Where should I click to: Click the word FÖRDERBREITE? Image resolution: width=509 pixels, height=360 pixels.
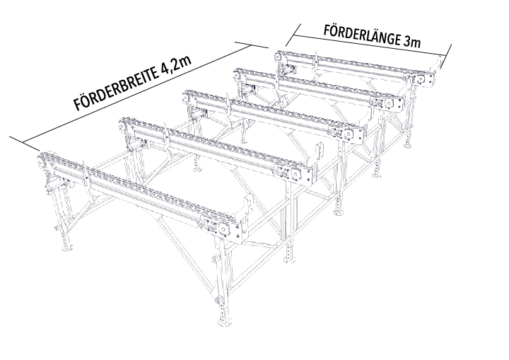(116, 88)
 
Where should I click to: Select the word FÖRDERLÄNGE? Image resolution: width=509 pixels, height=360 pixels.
(362, 35)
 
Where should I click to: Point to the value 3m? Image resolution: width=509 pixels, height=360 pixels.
(412, 42)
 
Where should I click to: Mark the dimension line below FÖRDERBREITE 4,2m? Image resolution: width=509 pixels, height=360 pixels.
(138, 93)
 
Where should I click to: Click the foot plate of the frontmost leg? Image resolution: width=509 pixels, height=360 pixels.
(225, 323)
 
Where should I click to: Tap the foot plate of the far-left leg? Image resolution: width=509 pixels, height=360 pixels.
(66, 248)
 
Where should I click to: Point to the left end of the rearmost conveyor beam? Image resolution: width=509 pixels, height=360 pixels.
(279, 57)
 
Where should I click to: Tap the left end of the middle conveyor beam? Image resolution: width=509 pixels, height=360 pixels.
(187, 97)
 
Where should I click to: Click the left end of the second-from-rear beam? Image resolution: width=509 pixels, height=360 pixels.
(239, 75)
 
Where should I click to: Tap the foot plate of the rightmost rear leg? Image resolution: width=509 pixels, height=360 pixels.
(408, 146)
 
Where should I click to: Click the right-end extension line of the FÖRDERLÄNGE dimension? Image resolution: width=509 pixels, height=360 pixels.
(446, 57)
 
